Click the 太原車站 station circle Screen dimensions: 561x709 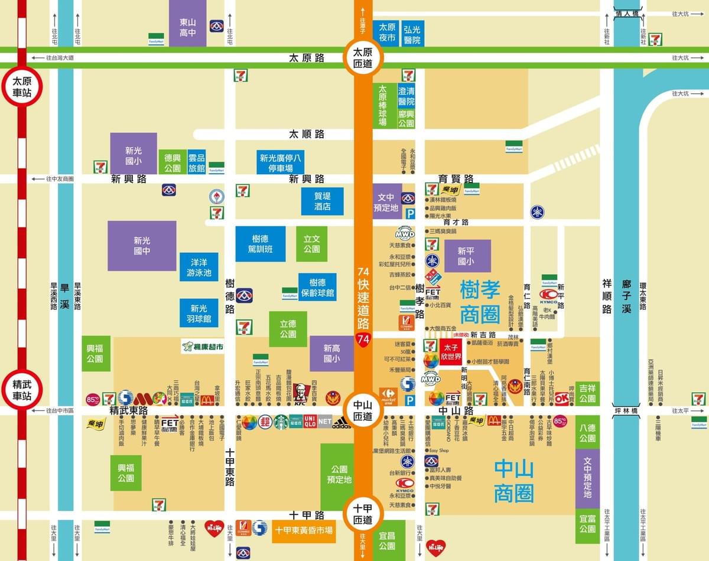22,87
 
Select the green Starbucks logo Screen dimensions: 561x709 281,422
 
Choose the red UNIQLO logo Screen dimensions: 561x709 310,422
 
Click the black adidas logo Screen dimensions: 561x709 341,422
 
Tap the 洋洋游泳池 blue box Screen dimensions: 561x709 199,267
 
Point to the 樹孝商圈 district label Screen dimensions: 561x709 479,302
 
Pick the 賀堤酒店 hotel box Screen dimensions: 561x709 322,201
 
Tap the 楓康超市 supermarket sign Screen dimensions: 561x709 203,347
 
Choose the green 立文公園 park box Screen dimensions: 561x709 311,243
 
